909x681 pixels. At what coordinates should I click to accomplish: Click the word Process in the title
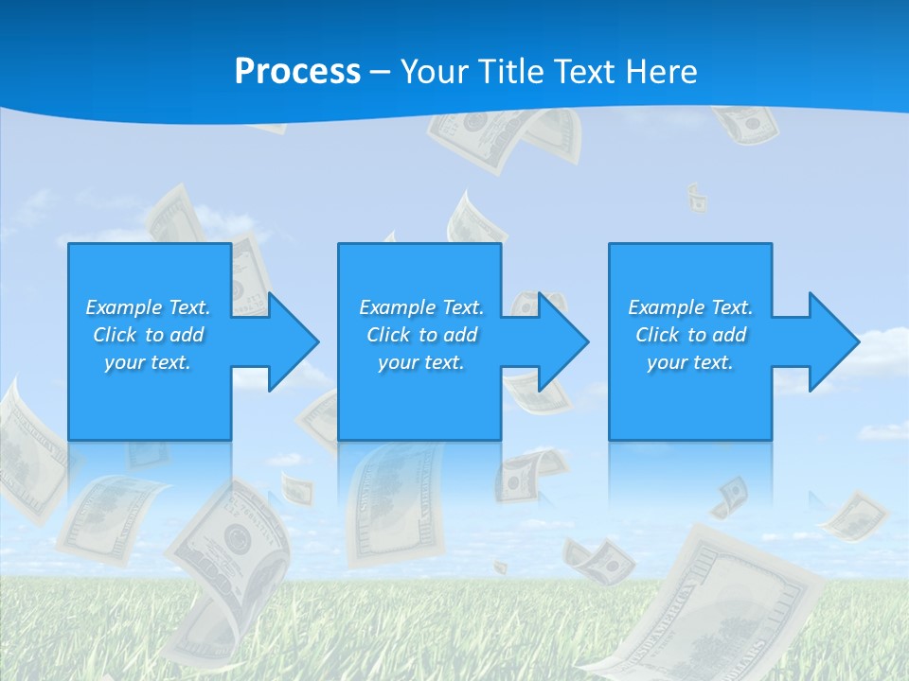coord(297,72)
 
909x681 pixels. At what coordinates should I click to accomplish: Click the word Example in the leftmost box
coord(123,307)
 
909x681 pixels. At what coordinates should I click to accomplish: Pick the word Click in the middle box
coord(387,335)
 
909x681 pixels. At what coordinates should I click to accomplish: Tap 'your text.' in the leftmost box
coord(148,362)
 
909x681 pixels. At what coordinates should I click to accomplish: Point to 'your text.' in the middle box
coord(421,362)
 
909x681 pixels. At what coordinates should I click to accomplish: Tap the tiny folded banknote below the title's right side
coord(697,198)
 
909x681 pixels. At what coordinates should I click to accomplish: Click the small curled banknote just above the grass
coord(598,560)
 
